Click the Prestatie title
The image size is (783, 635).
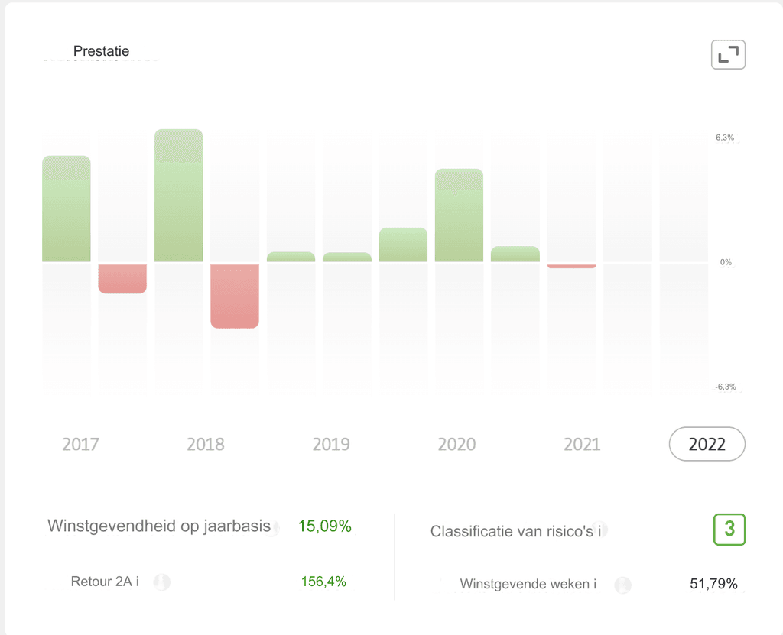[x=101, y=51]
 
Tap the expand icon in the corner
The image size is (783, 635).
[x=728, y=54]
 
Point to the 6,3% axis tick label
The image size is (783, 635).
[x=725, y=138]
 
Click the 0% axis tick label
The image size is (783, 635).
[x=726, y=262]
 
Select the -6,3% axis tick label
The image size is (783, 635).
[x=726, y=387]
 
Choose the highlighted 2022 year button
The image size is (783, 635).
[x=707, y=444]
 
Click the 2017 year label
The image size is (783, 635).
[x=80, y=444]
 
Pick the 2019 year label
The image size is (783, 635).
[x=331, y=444]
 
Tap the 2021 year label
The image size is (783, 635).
[x=582, y=444]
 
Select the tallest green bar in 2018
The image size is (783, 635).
[x=178, y=196]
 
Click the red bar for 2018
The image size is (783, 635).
[x=235, y=296]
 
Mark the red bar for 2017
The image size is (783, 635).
[x=122, y=278]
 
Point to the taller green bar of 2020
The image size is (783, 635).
[x=459, y=215]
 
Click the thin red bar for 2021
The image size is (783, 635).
[x=571, y=266]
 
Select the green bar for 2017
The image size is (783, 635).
[x=67, y=209]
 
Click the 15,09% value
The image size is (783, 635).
[x=325, y=526]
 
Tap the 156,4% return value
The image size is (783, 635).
[x=323, y=582]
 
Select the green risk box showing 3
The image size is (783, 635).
[x=729, y=530]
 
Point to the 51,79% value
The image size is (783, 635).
[x=713, y=585]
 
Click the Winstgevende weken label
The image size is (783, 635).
[x=528, y=585]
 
